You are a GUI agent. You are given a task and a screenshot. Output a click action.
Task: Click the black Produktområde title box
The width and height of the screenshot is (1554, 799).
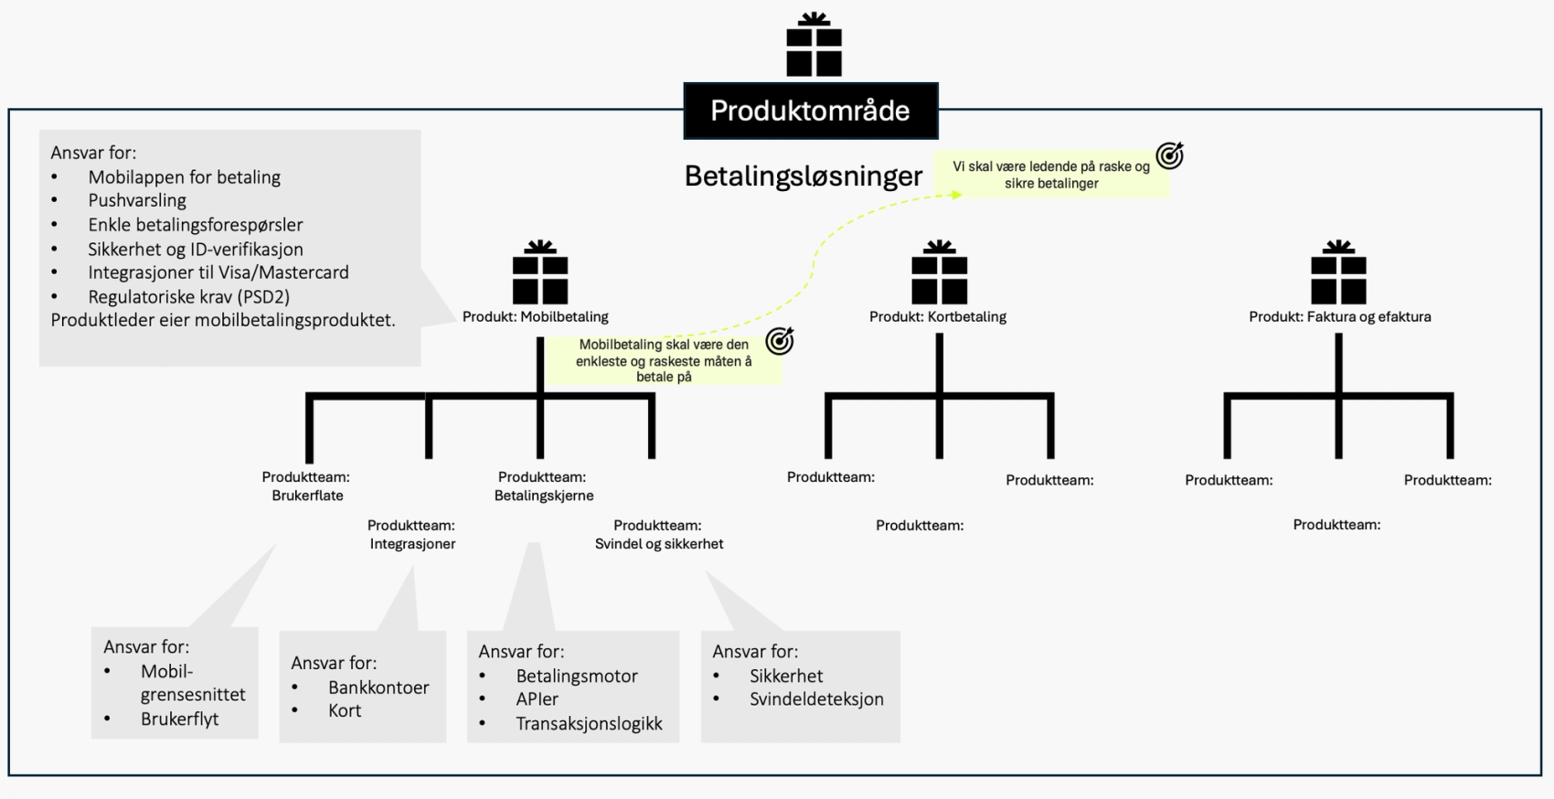(810, 111)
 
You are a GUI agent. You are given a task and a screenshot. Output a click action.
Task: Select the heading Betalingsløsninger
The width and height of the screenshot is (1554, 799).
(804, 176)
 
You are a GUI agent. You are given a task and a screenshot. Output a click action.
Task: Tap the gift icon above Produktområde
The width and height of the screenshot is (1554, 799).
(814, 45)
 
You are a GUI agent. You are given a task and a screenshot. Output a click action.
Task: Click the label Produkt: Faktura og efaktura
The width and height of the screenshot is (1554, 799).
(1339, 316)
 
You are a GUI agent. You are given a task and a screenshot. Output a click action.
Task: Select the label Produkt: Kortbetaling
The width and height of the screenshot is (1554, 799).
(937, 316)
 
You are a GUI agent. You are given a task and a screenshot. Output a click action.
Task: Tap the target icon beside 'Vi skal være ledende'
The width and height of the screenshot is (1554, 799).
(1169, 156)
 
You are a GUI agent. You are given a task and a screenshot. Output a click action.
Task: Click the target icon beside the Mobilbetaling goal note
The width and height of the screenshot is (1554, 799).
(780, 341)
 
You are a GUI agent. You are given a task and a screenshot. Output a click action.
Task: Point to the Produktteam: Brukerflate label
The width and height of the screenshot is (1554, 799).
(306, 486)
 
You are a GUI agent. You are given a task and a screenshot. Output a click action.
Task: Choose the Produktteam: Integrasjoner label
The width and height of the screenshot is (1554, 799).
(412, 535)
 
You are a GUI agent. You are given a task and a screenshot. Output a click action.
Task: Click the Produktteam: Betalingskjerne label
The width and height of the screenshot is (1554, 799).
(543, 486)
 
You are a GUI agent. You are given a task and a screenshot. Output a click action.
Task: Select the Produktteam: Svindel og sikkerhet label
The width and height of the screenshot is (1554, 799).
(658, 535)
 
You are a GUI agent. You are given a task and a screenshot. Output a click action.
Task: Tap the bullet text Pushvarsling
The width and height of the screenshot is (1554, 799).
(137, 200)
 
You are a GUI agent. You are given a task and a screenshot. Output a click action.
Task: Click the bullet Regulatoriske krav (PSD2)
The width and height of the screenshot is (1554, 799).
(188, 296)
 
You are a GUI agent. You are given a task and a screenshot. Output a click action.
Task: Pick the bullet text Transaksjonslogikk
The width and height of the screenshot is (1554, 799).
(589, 724)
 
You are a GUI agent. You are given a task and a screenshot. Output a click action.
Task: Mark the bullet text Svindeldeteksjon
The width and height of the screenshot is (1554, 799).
(816, 699)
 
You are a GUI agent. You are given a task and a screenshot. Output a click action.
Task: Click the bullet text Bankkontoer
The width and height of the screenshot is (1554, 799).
(378, 687)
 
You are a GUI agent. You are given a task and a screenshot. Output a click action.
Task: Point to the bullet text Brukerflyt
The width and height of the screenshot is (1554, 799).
(179, 719)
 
